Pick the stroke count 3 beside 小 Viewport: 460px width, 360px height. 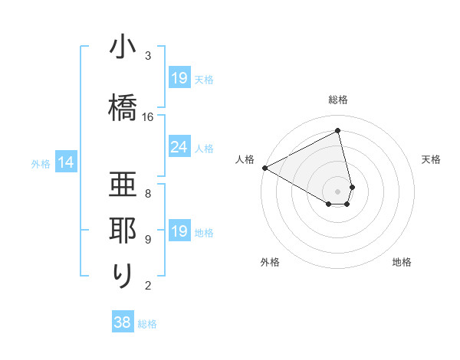click(148, 56)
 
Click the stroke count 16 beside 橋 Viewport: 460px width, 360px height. click(148, 117)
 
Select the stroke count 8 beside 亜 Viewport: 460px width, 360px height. click(148, 193)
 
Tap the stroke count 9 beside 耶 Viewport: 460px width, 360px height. click(148, 240)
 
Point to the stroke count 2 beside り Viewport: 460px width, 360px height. click(148, 286)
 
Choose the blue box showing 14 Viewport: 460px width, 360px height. click(66, 162)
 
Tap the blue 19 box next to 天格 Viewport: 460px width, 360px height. click(179, 77)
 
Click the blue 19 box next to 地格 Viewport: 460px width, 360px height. click(179, 231)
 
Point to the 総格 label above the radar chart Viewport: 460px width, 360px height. click(338, 100)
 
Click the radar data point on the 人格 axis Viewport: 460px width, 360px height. click(264, 168)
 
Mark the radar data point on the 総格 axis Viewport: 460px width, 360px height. click(338, 132)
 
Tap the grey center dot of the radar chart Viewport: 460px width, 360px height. click(338, 191)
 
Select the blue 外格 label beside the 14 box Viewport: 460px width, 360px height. click(41, 163)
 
